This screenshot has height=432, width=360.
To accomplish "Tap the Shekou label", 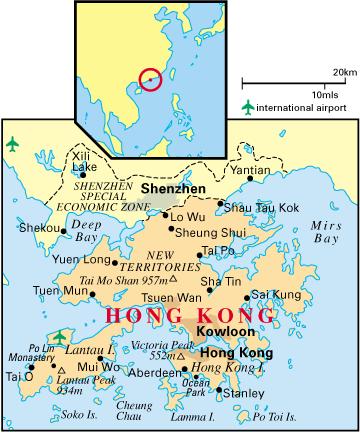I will coord(39,228).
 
